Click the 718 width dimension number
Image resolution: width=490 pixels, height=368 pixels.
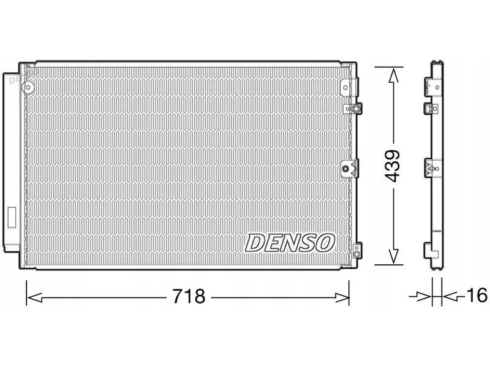point(189,296)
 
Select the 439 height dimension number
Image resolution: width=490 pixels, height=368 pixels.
point(392,166)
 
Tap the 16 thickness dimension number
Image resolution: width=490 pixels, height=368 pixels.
point(477,295)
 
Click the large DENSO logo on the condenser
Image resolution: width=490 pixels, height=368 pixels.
point(290,243)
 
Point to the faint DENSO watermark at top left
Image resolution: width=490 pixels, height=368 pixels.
point(23,77)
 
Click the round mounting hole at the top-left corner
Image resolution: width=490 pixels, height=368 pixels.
point(28,87)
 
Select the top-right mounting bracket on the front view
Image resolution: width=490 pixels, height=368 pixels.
point(350,86)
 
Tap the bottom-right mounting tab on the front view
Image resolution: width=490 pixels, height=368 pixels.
point(356,250)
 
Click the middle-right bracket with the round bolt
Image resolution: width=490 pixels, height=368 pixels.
point(349,169)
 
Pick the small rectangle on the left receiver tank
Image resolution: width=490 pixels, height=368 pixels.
point(12,218)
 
